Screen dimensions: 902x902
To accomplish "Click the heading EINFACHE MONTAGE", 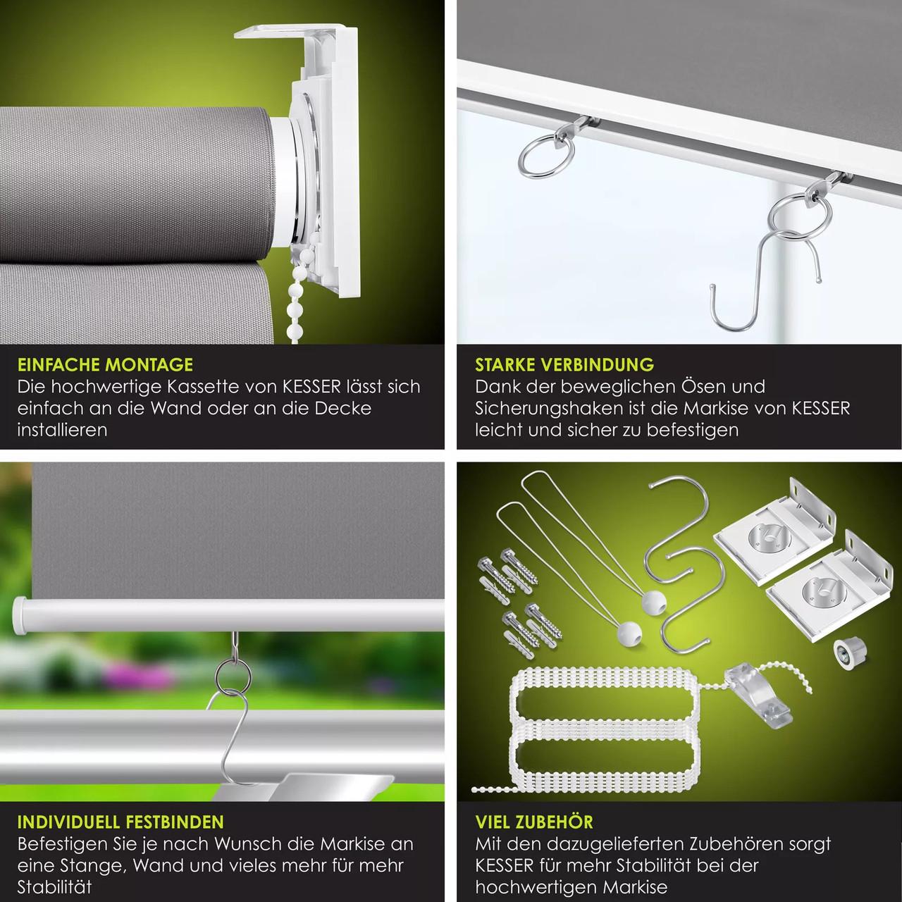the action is click(x=105, y=364).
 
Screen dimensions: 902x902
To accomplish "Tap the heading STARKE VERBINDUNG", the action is click(x=564, y=364).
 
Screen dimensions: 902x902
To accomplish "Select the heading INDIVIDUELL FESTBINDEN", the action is click(x=121, y=822).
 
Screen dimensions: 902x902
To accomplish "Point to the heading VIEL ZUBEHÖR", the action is click(x=534, y=822).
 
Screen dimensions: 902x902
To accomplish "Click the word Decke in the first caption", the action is click(x=342, y=408).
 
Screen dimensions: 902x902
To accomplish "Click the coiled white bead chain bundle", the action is click(x=604, y=728).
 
